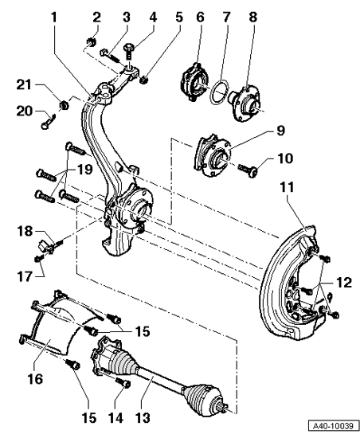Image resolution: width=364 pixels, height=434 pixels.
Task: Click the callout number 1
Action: [x=54, y=18]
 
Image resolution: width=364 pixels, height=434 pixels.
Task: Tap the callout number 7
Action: [x=226, y=18]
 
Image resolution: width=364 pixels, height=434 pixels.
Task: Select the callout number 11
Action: [x=287, y=187]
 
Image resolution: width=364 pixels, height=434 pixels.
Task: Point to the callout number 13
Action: [x=143, y=418]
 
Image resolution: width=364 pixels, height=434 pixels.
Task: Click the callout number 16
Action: [x=35, y=378]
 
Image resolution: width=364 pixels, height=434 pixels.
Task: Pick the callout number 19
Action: [x=84, y=169]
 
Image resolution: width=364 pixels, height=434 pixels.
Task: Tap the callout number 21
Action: [x=24, y=84]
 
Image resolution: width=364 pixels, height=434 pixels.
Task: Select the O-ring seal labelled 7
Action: [x=220, y=92]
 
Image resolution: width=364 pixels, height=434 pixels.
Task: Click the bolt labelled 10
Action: [x=248, y=170]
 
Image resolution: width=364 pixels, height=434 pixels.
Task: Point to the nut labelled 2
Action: [x=92, y=42]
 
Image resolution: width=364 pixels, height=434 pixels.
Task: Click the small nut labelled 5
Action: [x=143, y=80]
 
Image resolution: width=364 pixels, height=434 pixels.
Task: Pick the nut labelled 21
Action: [x=65, y=105]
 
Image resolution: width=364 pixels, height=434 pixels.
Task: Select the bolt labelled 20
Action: [x=48, y=122]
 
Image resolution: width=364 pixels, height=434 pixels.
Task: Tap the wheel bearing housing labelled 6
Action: [x=195, y=82]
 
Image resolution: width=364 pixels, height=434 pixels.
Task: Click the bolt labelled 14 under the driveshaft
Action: [x=123, y=382]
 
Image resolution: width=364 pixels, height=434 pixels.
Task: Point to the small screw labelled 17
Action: [x=39, y=259]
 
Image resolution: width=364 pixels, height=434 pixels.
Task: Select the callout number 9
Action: [x=280, y=131]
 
